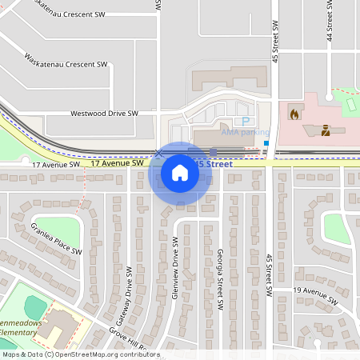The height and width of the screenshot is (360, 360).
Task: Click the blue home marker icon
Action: [179, 172]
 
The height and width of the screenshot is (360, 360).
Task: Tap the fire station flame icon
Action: [294, 114]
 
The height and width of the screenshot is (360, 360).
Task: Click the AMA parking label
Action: [246, 132]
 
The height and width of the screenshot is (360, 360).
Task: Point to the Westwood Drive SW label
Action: [104, 114]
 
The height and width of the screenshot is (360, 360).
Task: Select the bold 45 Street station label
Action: [214, 163]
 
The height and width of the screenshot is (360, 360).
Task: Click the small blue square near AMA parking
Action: [266, 144]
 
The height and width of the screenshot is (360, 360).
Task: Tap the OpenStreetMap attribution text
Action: [80, 354]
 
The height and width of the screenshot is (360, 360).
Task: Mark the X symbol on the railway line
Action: [159, 152]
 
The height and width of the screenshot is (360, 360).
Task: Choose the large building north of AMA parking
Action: [228, 78]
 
